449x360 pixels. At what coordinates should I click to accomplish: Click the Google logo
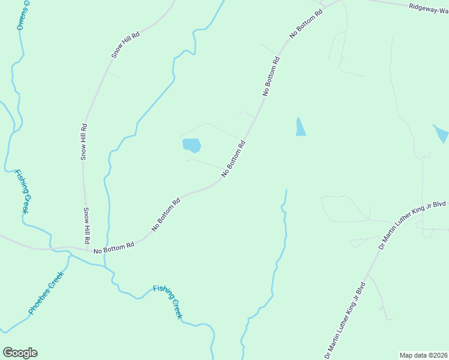(x=20, y=353)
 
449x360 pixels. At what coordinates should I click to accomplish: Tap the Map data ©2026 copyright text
(x=423, y=355)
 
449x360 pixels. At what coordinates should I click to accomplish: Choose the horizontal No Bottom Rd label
(x=113, y=247)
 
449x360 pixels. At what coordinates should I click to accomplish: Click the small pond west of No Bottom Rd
(x=191, y=145)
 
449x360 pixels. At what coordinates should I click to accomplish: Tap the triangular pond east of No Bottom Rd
(x=300, y=127)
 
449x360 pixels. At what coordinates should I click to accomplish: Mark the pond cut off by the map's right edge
(x=441, y=133)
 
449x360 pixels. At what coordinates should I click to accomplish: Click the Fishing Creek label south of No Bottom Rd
(x=167, y=301)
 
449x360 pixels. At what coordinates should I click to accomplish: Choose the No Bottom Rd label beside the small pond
(x=234, y=158)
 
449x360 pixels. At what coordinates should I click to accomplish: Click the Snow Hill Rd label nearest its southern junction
(x=86, y=225)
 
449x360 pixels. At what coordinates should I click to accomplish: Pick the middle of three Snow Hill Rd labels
(x=85, y=142)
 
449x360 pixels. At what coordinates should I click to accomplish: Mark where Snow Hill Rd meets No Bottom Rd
(x=88, y=248)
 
